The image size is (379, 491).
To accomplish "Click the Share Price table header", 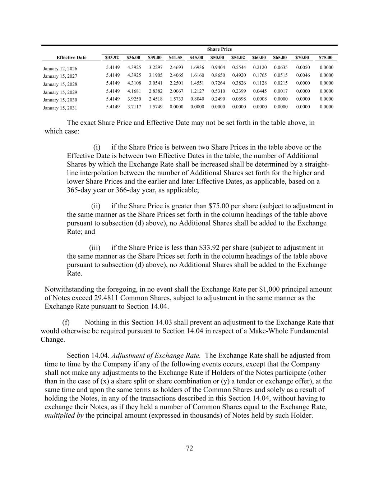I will tap(219, 49).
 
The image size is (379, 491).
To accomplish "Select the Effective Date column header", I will tap(71, 58).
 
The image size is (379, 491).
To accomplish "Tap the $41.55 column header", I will tap(176, 58).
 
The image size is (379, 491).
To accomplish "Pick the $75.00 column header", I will tap(325, 58).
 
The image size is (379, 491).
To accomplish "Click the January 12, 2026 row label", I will tap(60, 69).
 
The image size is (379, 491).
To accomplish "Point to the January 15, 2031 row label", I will tap(60, 108).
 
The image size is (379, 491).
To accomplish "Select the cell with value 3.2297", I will tap(156, 68).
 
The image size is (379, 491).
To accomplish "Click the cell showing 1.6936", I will tap(197, 68).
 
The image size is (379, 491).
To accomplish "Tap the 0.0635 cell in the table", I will tap(281, 68).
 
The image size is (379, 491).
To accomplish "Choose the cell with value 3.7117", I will tap(134, 107).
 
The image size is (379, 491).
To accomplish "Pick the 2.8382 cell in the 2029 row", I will tap(156, 91).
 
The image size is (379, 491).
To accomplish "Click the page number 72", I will tap(190, 448).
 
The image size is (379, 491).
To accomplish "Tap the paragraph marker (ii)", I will tap(96, 206).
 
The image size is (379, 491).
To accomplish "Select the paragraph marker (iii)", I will tap(94, 248).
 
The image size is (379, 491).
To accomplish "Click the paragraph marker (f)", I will tap(66, 322).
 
